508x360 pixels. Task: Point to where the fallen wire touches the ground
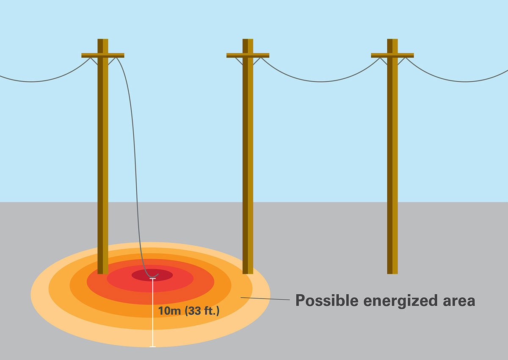(x=152, y=278)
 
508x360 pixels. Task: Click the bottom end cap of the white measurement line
(x=153, y=347)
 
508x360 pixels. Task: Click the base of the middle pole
(x=248, y=271)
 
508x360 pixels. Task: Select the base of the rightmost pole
(x=392, y=271)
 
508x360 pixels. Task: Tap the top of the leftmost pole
(x=103, y=41)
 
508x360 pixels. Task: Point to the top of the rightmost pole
(x=392, y=41)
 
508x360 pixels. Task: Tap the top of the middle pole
(x=248, y=41)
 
